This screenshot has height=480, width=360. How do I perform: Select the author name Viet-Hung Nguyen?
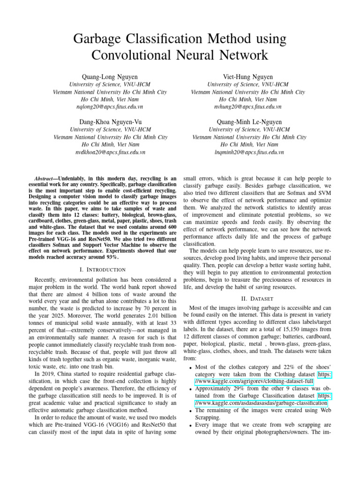(248, 76)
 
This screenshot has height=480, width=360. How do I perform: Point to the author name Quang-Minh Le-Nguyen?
(249, 122)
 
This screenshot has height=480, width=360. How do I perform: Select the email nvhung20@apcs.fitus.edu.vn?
(248, 107)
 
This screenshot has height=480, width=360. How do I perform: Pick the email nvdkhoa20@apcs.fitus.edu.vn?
(110, 152)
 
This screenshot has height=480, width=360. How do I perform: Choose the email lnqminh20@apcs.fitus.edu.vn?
(249, 152)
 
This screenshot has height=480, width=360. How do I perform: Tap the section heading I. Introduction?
(103, 270)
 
